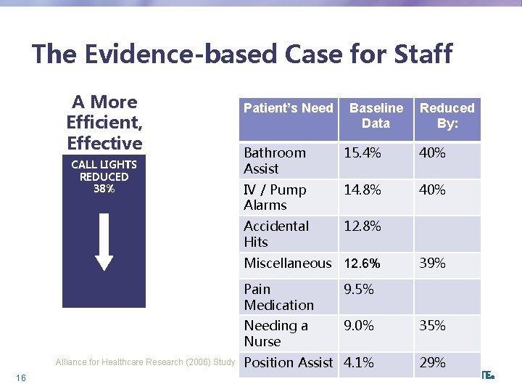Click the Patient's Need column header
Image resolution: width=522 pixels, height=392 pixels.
tap(288, 108)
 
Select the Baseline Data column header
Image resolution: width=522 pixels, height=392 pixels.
tap(376, 115)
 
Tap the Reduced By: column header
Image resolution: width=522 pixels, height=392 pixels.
tap(447, 115)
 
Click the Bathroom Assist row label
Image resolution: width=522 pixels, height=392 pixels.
tap(275, 160)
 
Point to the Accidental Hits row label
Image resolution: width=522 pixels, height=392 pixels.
tap(276, 234)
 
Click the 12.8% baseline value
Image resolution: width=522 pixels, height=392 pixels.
tap(362, 226)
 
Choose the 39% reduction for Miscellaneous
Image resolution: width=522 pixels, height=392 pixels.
tap(432, 264)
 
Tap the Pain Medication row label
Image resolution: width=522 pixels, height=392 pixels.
tap(278, 297)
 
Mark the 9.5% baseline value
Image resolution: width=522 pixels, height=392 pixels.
tap(359, 290)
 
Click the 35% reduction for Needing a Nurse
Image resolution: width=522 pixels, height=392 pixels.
tap(432, 326)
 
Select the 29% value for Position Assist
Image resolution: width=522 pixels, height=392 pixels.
tap(432, 362)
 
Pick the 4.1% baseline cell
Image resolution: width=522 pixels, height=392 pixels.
tap(359, 362)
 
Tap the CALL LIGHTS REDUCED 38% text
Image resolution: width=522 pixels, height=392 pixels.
tap(104, 176)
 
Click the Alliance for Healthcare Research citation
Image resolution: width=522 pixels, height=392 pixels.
tap(145, 362)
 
